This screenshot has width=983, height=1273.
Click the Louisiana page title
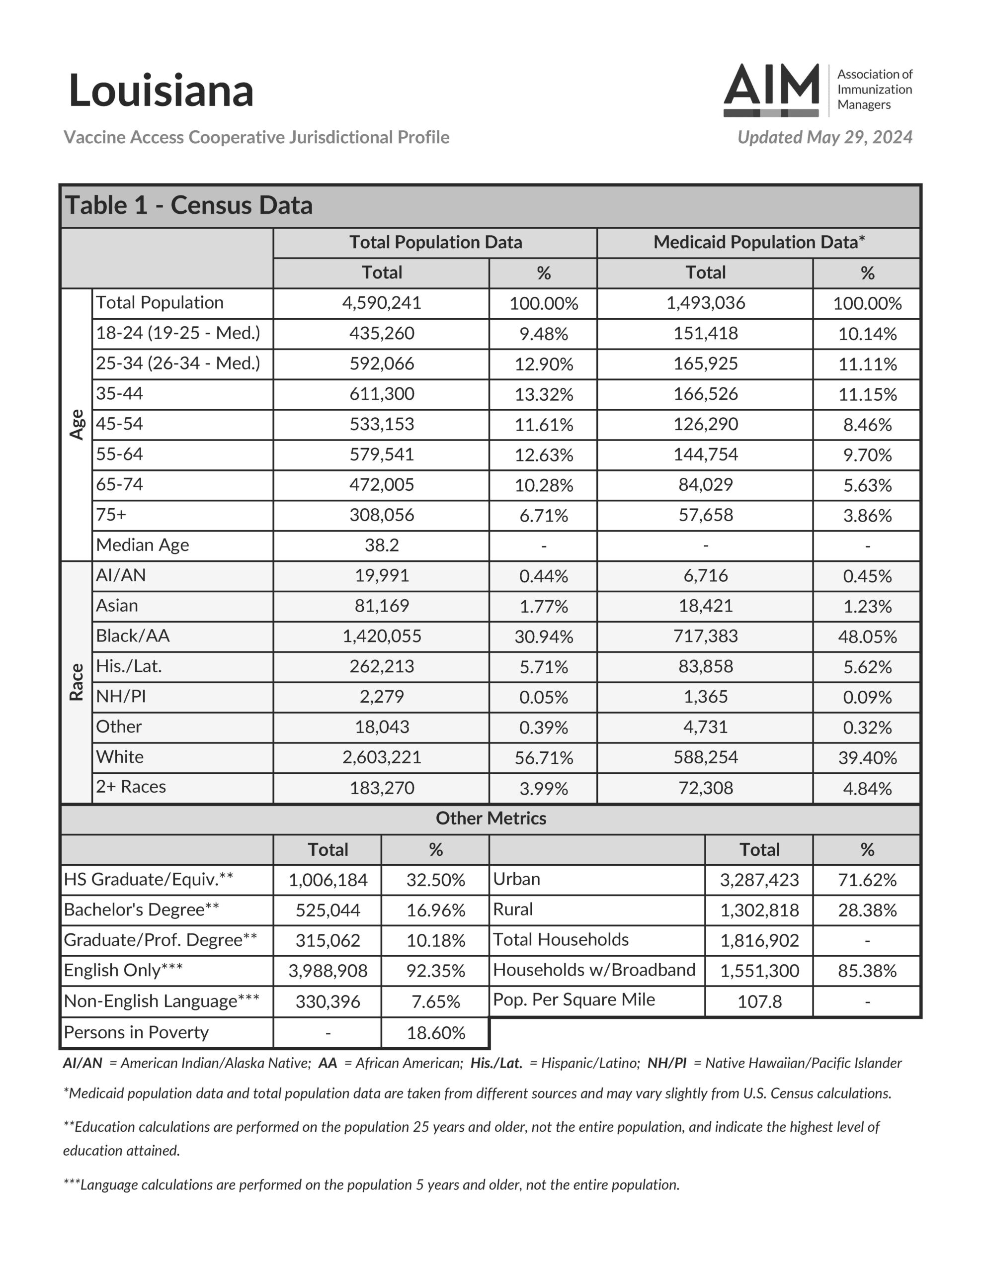point(161,91)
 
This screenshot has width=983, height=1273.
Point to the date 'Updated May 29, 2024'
point(824,138)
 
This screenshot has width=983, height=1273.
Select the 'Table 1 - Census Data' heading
point(189,206)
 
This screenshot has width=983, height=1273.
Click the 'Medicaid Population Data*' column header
point(759,243)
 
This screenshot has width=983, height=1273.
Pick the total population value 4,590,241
point(382,303)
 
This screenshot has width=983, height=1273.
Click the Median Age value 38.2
point(382,546)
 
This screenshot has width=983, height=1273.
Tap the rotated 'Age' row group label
point(77,424)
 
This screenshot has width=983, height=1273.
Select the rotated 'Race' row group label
point(77,682)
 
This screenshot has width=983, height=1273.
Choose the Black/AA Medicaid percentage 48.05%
point(867,636)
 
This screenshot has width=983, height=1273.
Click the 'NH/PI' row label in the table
point(121,697)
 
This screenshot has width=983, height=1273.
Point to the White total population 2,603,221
point(382,757)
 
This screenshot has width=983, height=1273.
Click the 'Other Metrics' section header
point(491,819)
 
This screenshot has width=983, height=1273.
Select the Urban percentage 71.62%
point(867,880)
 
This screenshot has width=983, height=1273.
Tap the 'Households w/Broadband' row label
point(594,970)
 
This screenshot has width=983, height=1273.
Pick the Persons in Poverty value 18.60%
point(435,1033)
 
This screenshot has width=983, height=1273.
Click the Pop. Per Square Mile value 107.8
point(759,1001)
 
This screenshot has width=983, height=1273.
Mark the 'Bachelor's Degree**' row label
point(142,910)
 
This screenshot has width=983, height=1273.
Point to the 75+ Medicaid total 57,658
point(705,515)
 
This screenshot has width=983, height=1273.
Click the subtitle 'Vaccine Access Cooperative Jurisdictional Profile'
point(256,138)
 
